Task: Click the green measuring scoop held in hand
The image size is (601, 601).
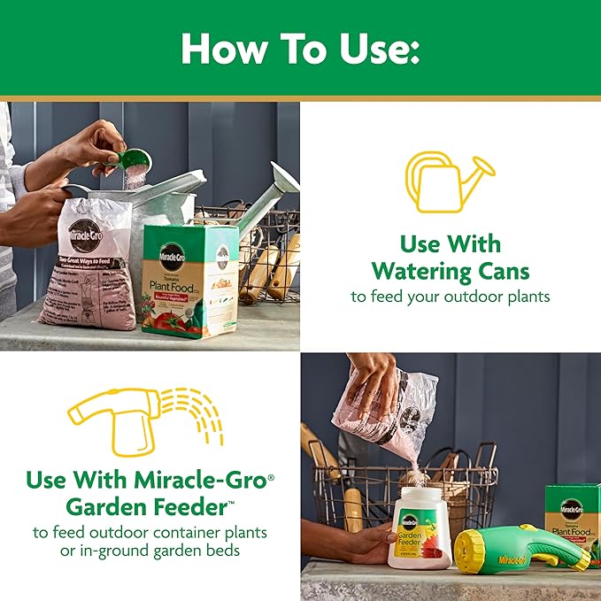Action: pyautogui.click(x=135, y=162)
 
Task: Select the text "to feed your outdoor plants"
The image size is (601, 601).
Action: pyautogui.click(x=450, y=297)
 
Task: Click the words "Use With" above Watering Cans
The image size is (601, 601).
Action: pyautogui.click(x=450, y=243)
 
